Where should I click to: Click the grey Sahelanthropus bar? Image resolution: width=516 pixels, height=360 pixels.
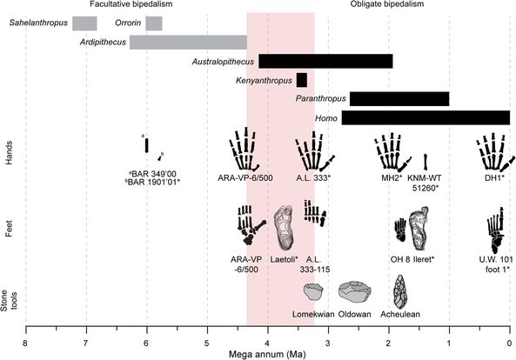[84, 23]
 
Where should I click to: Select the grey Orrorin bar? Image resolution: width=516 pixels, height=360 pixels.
[154, 23]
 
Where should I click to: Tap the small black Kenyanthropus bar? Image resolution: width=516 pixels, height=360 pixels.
[302, 80]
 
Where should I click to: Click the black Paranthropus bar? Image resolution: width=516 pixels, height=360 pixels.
[399, 99]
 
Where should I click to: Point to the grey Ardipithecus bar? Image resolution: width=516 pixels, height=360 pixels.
[188, 43]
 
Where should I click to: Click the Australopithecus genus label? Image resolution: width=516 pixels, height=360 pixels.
[223, 62]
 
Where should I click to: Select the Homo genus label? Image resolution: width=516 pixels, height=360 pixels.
[326, 118]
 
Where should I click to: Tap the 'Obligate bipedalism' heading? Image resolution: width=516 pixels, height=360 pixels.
[387, 4]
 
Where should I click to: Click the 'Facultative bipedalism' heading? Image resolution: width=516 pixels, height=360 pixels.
[131, 4]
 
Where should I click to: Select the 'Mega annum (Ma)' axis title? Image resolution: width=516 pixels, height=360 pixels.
[267, 355]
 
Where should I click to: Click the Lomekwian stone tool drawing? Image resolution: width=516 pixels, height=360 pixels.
[313, 291]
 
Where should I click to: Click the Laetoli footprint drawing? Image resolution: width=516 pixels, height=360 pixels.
[284, 228]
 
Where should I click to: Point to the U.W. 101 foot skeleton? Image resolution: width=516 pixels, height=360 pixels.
[496, 230]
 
